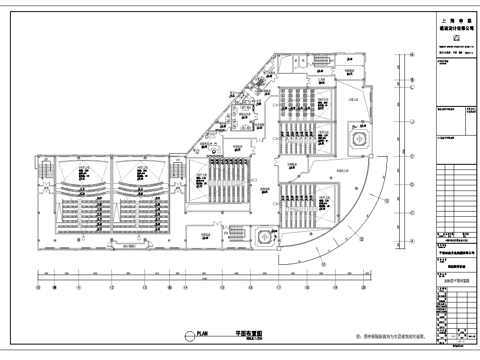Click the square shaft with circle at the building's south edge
264,237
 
